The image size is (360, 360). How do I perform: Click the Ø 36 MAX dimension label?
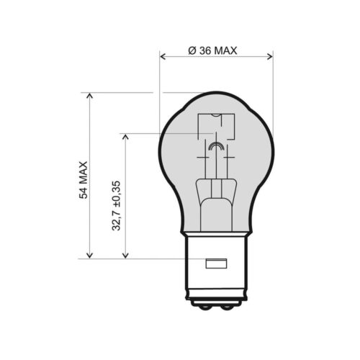212,50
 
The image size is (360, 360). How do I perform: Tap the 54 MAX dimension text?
84,180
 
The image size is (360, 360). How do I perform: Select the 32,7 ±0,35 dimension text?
116,206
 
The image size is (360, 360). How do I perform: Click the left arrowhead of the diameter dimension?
163,57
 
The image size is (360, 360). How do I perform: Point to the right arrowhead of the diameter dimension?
270,57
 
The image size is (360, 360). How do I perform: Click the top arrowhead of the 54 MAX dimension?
89,96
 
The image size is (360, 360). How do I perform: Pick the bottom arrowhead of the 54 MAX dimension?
89,255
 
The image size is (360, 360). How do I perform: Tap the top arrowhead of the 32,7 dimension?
125,137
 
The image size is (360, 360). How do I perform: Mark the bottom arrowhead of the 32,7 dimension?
125,255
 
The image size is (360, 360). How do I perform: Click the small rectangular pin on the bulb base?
216,264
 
